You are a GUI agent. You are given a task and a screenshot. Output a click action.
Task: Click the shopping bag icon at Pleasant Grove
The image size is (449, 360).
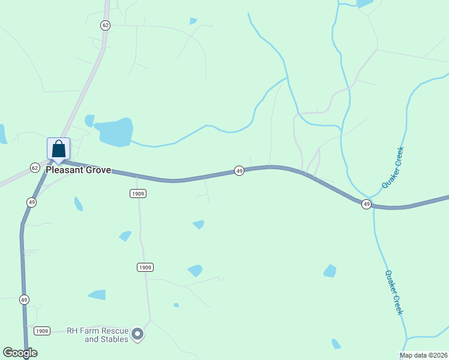point(59,149)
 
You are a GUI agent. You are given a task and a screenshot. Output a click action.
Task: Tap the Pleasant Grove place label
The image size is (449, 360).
point(79,170)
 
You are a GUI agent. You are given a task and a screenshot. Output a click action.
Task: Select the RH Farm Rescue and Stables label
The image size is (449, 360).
point(97,335)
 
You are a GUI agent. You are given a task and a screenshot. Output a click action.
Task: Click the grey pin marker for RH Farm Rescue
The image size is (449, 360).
point(137,334)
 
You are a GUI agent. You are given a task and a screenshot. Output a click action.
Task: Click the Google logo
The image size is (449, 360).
point(20,353)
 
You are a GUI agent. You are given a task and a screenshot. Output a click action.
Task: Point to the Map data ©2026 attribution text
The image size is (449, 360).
point(424,355)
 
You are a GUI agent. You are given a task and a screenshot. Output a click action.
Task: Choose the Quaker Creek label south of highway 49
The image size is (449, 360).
point(393,292)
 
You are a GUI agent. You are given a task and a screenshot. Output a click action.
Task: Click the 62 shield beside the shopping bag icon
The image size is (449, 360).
point(35,167)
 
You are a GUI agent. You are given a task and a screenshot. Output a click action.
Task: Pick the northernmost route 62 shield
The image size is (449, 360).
point(106,25)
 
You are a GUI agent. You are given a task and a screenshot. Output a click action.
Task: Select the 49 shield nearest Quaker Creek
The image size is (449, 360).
point(366,205)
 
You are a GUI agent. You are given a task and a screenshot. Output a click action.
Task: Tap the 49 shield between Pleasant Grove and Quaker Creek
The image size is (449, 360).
point(239,171)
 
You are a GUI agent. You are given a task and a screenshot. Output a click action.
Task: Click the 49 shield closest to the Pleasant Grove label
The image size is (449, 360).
point(31,202)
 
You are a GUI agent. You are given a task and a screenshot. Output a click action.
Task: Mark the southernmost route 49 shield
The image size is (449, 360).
point(24,299)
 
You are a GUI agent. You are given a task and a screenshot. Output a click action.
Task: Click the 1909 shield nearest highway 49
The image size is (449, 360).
point(138,193)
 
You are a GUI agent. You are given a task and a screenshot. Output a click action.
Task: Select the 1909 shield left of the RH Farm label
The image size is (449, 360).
point(41,331)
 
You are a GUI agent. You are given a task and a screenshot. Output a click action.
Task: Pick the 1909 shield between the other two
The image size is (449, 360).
point(145,267)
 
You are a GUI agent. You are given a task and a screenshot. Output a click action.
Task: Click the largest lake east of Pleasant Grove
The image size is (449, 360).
point(115,132)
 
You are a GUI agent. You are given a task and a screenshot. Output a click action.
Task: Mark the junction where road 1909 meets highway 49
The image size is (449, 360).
point(137,178)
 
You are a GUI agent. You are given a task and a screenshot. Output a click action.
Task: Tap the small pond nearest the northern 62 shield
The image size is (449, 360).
point(193,21)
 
